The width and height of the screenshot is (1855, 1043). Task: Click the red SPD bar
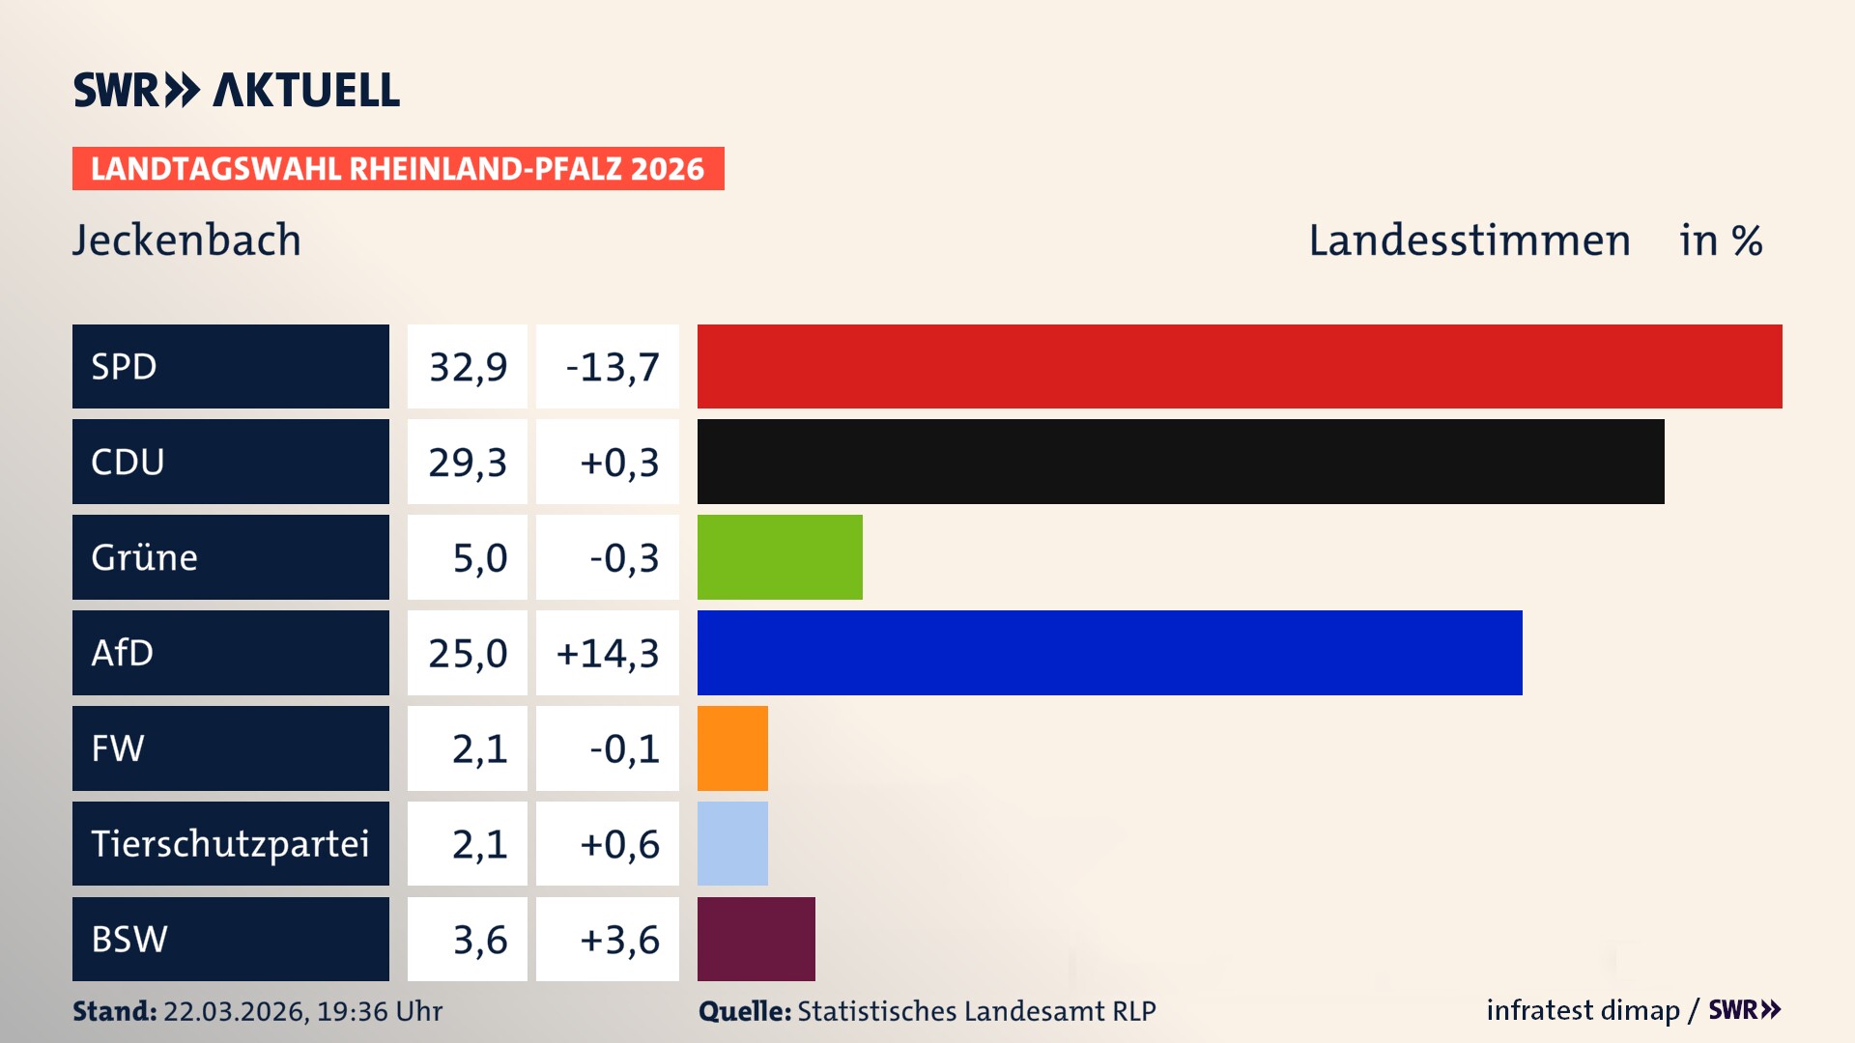pos(1240,366)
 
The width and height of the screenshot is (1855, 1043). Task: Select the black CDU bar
pos(1181,462)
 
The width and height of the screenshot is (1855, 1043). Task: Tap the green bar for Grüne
pos(780,557)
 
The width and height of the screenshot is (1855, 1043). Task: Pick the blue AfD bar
pos(1109,653)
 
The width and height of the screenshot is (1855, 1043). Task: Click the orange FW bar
pos(732,748)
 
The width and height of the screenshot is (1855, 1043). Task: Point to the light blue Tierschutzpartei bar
pos(732,843)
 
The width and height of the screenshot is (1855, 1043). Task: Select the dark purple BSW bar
pos(756,939)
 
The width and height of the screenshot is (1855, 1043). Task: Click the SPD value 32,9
pos(468,367)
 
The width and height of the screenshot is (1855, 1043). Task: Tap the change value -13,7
pos(612,367)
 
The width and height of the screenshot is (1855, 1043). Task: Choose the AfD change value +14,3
pos(608,654)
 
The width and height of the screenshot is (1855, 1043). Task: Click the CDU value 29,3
pos(468,463)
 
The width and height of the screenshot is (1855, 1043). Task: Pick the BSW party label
pos(129,939)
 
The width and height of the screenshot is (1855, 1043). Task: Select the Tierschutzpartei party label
pos(230,844)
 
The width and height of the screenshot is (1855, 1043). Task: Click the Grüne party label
pos(144,557)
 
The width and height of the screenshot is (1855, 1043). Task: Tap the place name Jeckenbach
pos(186,240)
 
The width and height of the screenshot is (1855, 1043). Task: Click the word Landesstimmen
pos(1469,240)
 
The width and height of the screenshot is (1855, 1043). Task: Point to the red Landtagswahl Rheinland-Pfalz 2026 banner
pos(398,169)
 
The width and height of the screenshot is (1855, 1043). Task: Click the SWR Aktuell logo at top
pos(236,91)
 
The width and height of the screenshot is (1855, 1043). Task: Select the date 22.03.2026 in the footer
pos(235,1011)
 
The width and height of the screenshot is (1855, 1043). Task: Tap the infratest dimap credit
pos(1583,1010)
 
